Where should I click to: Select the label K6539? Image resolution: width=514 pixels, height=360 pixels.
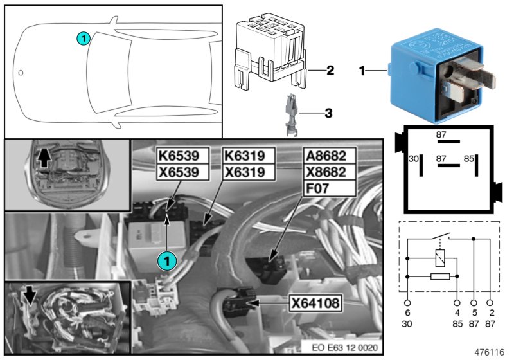click(184, 156)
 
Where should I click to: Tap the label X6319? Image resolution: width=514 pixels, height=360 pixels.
click(249, 172)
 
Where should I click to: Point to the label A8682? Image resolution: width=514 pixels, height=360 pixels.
click(328, 156)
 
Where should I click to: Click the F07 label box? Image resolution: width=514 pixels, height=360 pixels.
click(328, 188)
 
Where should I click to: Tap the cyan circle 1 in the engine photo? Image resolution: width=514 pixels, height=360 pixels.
click(166, 260)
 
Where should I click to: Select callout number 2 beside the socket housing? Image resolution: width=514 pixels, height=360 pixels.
click(329, 69)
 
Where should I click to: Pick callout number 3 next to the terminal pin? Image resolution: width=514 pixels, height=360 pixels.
click(328, 114)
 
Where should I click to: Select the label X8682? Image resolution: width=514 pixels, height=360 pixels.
click(328, 172)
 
